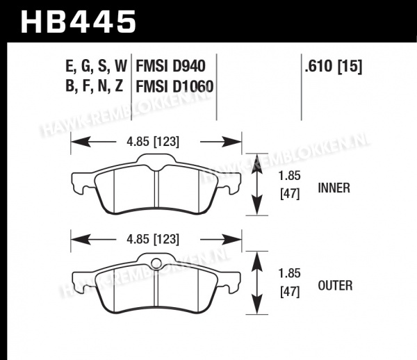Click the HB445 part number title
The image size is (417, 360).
click(x=79, y=22)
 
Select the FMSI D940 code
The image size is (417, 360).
click(x=170, y=65)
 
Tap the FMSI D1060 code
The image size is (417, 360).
click(x=174, y=86)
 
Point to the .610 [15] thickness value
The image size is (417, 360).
click(x=334, y=65)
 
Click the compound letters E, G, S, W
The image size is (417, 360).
click(x=97, y=65)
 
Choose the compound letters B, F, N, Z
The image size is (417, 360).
click(x=95, y=85)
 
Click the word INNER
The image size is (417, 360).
click(x=334, y=188)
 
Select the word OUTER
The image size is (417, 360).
click(x=335, y=286)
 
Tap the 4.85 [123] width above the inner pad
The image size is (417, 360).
click(x=153, y=142)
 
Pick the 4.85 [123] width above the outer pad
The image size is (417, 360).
click(x=153, y=239)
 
